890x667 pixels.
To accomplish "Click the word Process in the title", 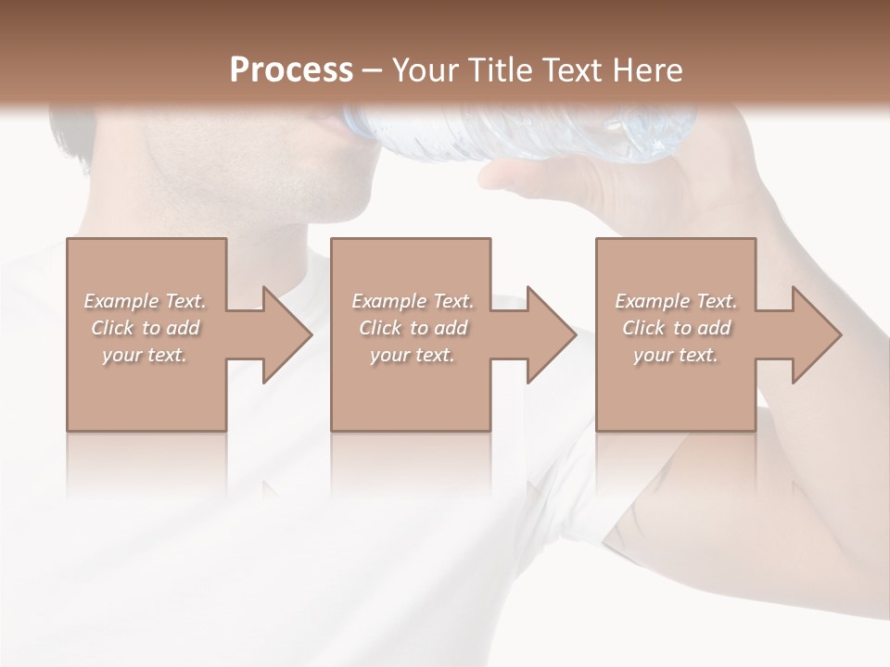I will coord(291,69).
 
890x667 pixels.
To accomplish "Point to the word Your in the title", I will coord(426,69).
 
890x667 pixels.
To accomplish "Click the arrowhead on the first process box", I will coord(287,334).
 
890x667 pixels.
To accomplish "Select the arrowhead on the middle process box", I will coord(552,334).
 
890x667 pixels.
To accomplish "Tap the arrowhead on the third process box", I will coord(817,334).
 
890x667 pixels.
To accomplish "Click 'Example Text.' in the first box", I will coord(145,301).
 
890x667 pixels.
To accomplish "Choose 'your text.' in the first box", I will coord(145,355).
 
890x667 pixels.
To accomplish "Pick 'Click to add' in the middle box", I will coord(413,328).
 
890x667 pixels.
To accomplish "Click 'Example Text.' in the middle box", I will coord(413,301).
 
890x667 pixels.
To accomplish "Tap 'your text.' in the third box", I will coord(676,355).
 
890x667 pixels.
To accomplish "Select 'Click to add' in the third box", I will coord(676,328).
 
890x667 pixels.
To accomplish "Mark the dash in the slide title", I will coord(373,70).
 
